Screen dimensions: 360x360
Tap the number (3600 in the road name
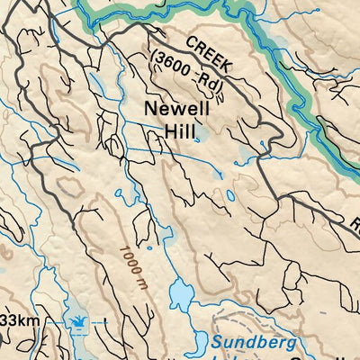pos(173,65)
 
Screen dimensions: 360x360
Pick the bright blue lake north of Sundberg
pos(183,293)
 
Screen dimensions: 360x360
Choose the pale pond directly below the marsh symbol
pos(77,346)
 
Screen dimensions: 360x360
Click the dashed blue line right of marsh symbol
pos(97,319)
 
